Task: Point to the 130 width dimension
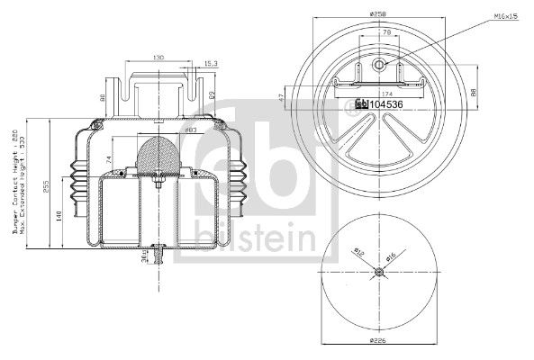pyautogui.click(x=158, y=58)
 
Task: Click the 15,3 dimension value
pyautogui.click(x=211, y=63)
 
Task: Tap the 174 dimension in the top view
pyautogui.click(x=388, y=94)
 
